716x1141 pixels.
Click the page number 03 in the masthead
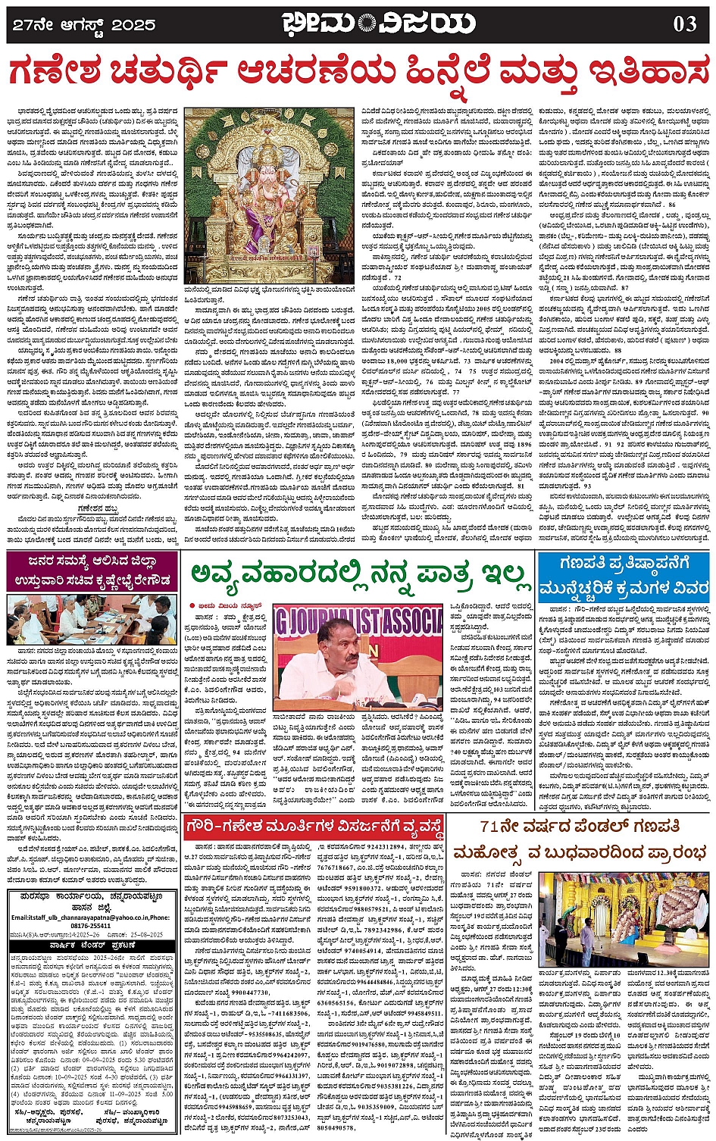(x=685, y=24)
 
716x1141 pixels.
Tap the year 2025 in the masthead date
(x=133, y=25)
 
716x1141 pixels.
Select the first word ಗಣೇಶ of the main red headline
(x=52, y=73)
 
